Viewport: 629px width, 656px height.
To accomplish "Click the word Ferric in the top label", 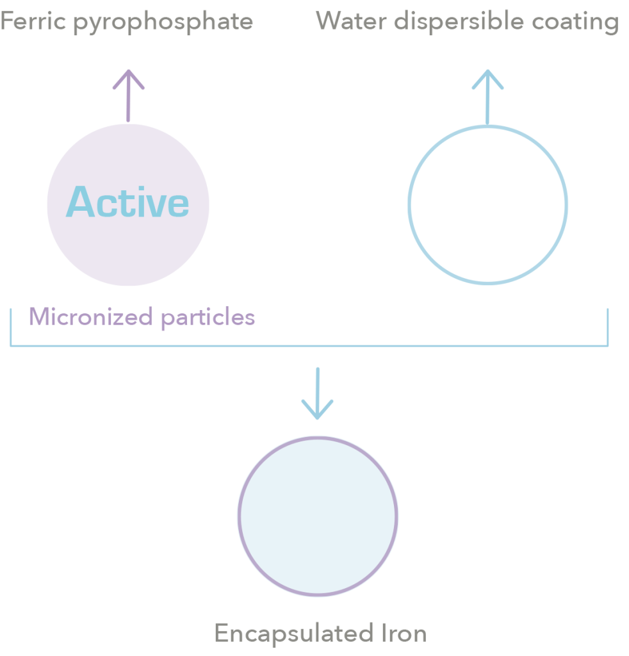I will [33, 22].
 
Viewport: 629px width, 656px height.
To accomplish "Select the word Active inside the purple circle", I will [128, 202].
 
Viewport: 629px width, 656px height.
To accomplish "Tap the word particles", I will [208, 317].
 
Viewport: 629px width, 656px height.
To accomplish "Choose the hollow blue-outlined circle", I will [488, 205].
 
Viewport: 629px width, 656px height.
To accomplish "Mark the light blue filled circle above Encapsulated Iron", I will [318, 516].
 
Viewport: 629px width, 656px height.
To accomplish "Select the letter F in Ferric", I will [7, 22].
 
